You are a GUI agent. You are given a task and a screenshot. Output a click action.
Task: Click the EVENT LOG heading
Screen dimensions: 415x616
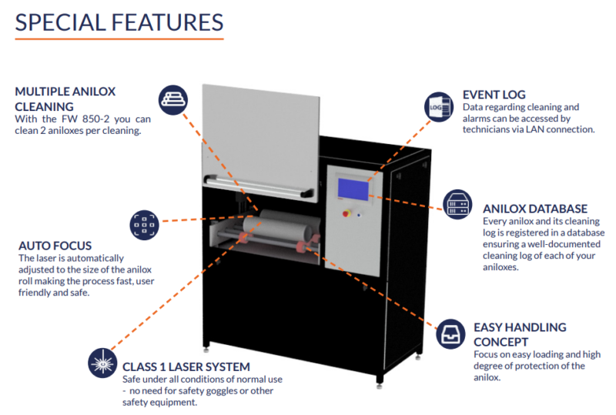click(x=494, y=95)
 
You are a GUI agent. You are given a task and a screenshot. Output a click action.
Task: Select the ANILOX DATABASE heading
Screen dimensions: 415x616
click(x=535, y=209)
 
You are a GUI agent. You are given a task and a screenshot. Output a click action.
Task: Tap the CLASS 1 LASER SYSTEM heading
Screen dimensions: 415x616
click(x=186, y=366)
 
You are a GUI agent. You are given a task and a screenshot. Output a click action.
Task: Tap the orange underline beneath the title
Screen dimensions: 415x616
click(x=119, y=38)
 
